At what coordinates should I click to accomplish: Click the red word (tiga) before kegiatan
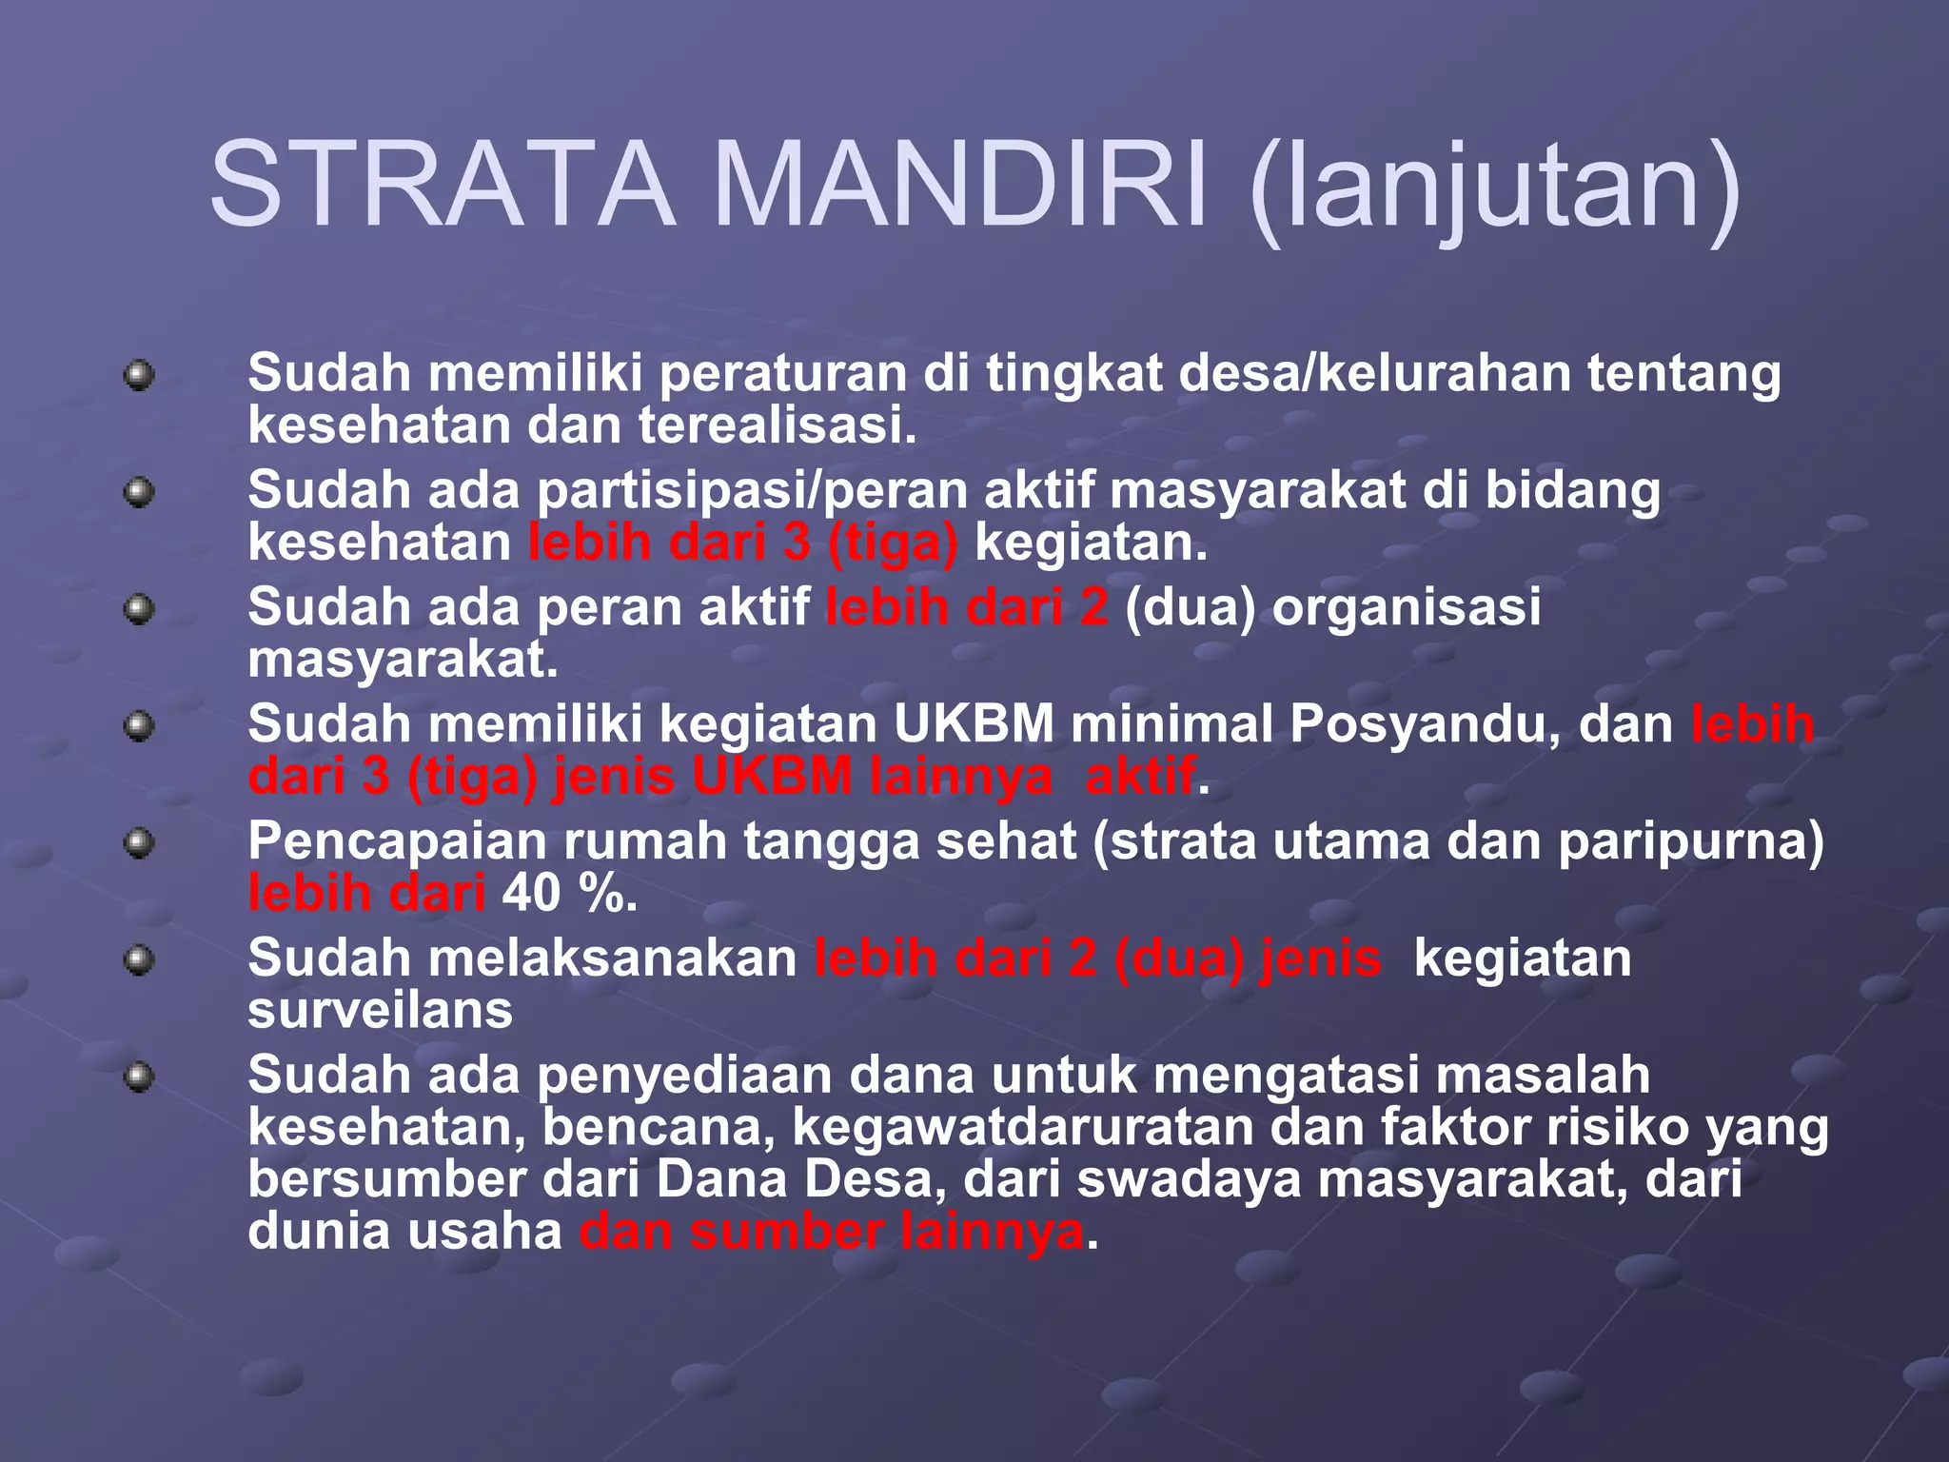tap(892, 543)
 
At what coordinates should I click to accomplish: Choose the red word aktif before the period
tap(1139, 777)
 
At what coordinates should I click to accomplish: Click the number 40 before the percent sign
tap(531, 894)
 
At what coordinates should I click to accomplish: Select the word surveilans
tap(380, 1010)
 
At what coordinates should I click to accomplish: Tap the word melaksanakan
tap(612, 958)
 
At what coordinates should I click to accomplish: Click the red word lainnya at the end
tap(992, 1232)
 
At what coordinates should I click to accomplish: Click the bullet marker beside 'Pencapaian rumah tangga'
tap(139, 843)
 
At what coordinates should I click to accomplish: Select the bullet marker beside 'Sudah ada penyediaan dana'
tap(139, 1077)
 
